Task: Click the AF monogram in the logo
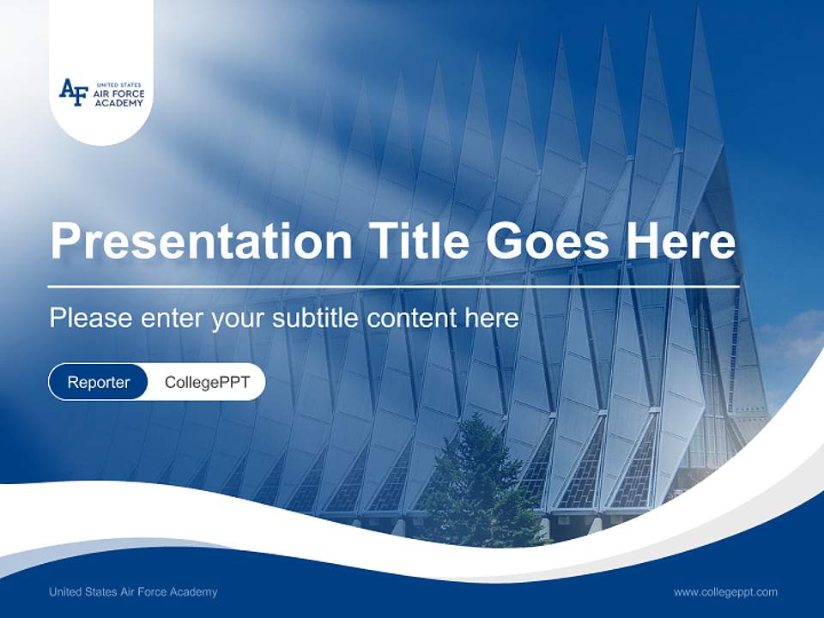(x=73, y=92)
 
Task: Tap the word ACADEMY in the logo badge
(x=112, y=101)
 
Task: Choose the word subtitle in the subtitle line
(x=317, y=318)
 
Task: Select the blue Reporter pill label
(x=98, y=382)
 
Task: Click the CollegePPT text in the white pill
(x=207, y=382)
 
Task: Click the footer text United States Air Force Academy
(x=133, y=592)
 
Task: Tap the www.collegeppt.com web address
(x=725, y=592)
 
